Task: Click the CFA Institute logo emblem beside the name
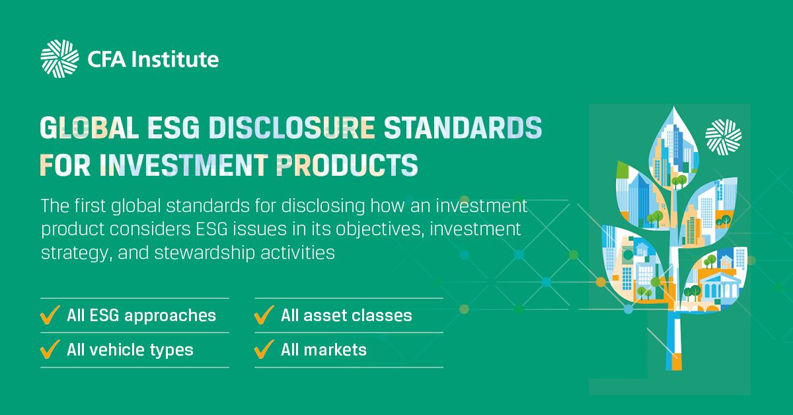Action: [59, 59]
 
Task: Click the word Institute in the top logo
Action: [175, 59]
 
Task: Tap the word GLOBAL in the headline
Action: [89, 128]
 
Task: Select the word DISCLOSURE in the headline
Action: [291, 128]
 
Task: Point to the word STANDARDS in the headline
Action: [463, 128]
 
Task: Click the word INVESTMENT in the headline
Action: [184, 165]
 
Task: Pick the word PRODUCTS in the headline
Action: [347, 165]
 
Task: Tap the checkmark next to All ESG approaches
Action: [50, 315]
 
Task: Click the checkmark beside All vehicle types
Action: [50, 349]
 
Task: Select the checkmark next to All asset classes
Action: [264, 315]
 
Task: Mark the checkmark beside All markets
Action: [264, 349]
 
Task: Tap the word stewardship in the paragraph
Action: [204, 253]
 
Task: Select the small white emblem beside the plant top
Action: [723, 137]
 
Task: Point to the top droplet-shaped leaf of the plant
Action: [673, 148]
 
